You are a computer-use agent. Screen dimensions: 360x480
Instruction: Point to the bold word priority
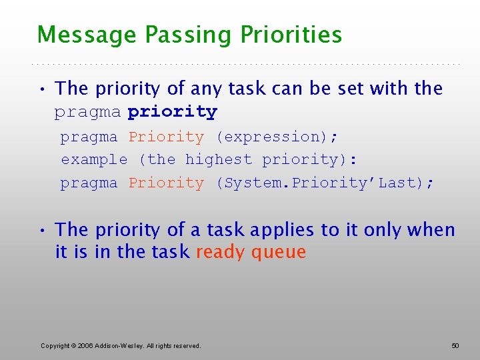[172, 112]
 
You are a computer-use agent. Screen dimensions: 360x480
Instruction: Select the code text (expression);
[277, 137]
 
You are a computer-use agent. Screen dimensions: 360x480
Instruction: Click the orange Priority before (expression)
[166, 137]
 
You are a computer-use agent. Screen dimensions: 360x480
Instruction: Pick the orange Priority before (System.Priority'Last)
[166, 183]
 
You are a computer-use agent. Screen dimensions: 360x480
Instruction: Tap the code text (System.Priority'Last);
[325, 183]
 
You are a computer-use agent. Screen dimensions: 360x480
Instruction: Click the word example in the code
[94, 159]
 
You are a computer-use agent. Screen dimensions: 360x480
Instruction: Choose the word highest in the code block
[219, 159]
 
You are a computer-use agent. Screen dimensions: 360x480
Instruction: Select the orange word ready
[217, 253]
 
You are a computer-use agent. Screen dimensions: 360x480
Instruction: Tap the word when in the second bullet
[431, 231]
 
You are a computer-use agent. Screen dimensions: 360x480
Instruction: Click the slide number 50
[455, 345]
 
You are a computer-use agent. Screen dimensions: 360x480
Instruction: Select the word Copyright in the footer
[55, 345]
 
